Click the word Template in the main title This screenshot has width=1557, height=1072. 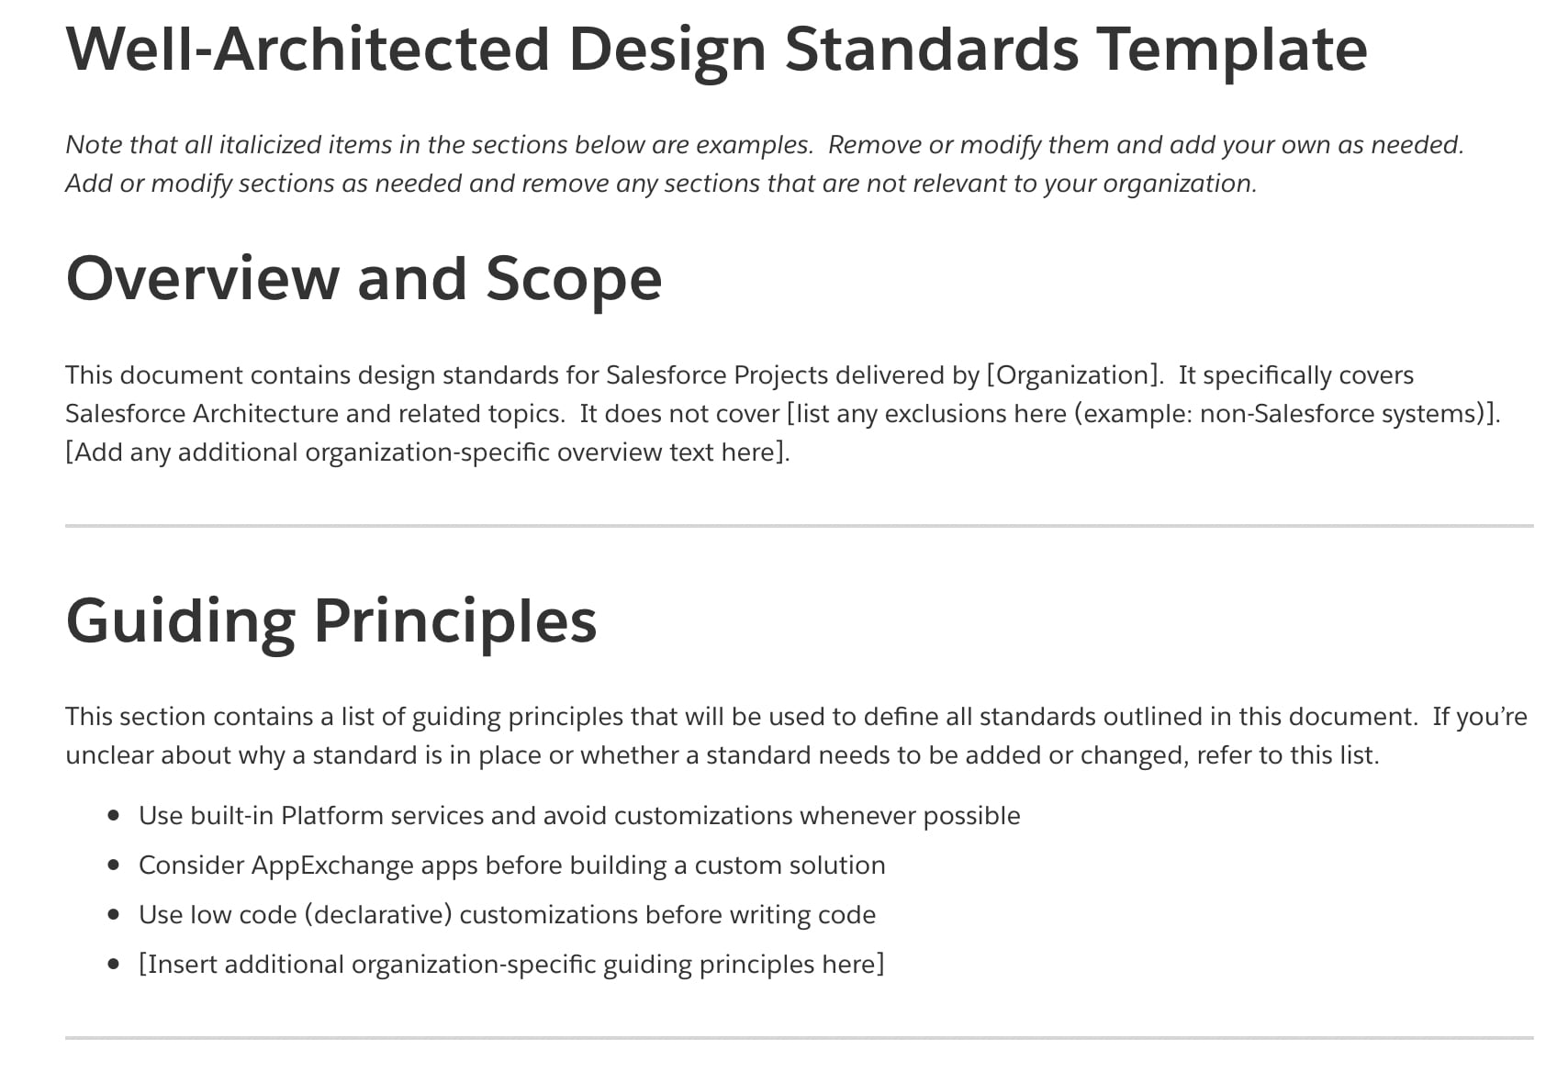(1231, 49)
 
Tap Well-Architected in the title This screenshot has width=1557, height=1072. (307, 49)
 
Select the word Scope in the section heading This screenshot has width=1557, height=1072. (574, 278)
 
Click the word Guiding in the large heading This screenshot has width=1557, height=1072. (180, 621)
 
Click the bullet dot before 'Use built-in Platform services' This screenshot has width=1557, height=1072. (114, 815)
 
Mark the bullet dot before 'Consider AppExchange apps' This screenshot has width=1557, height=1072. (114, 865)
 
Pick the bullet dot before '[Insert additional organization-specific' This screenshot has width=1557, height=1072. (114, 964)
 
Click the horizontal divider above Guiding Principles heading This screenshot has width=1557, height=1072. (799, 526)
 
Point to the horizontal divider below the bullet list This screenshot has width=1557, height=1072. (799, 1038)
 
